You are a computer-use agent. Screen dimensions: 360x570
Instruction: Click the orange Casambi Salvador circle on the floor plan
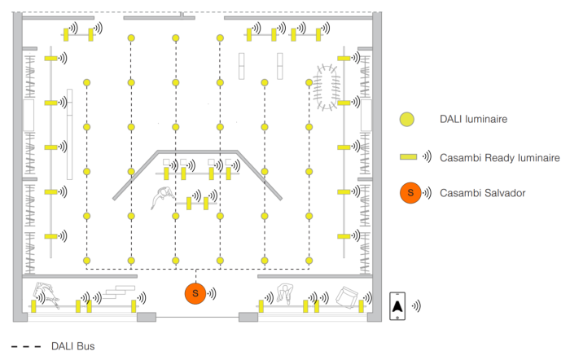(x=195, y=293)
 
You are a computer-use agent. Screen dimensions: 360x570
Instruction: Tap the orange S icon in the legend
(x=410, y=193)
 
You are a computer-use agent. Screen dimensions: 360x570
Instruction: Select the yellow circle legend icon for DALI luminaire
(x=406, y=119)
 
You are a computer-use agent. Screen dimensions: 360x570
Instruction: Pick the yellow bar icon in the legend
(x=407, y=156)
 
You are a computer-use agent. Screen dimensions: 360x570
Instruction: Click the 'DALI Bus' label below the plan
(x=73, y=346)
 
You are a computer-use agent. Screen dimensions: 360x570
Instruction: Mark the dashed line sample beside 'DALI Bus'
(x=26, y=346)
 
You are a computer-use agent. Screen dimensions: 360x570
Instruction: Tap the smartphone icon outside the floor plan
(x=397, y=305)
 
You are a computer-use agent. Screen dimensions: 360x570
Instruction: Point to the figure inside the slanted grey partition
(x=162, y=196)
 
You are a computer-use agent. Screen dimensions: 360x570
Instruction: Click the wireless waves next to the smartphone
(x=415, y=305)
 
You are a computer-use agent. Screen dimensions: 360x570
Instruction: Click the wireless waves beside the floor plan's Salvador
(x=213, y=293)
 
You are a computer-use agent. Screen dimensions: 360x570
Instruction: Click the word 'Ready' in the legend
(x=495, y=156)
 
